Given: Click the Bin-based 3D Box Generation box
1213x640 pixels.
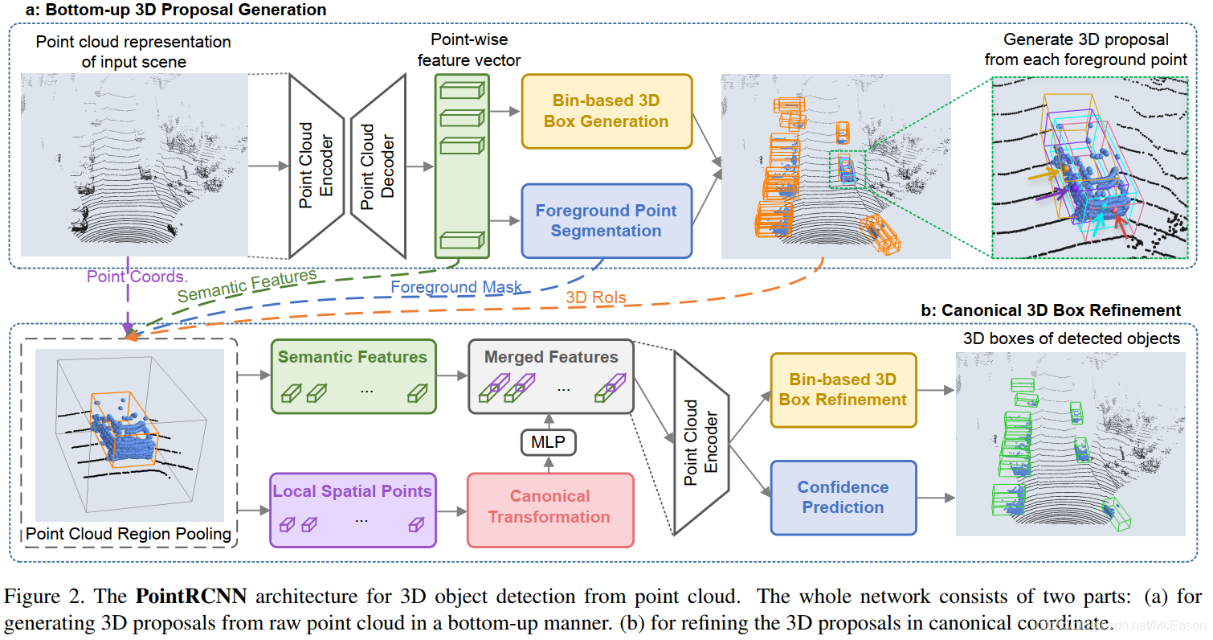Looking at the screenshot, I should click(x=606, y=112).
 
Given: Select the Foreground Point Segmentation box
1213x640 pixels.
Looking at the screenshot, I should click(x=606, y=220).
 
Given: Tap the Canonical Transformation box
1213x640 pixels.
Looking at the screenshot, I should click(x=549, y=506).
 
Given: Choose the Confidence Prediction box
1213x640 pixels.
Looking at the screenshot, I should click(x=843, y=497).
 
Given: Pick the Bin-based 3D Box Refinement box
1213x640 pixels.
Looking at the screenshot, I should click(x=843, y=389).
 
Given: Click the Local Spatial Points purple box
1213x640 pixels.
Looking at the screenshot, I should click(x=353, y=510).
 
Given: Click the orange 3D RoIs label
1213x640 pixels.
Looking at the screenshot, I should click(x=596, y=298).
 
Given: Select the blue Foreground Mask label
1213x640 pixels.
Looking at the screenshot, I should click(x=456, y=286).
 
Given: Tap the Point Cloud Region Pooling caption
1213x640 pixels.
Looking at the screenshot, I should click(x=129, y=534).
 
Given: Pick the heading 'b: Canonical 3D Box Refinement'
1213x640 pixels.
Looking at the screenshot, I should click(x=1060, y=310).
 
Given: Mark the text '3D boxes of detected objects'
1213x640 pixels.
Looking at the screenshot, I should click(x=1072, y=338).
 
